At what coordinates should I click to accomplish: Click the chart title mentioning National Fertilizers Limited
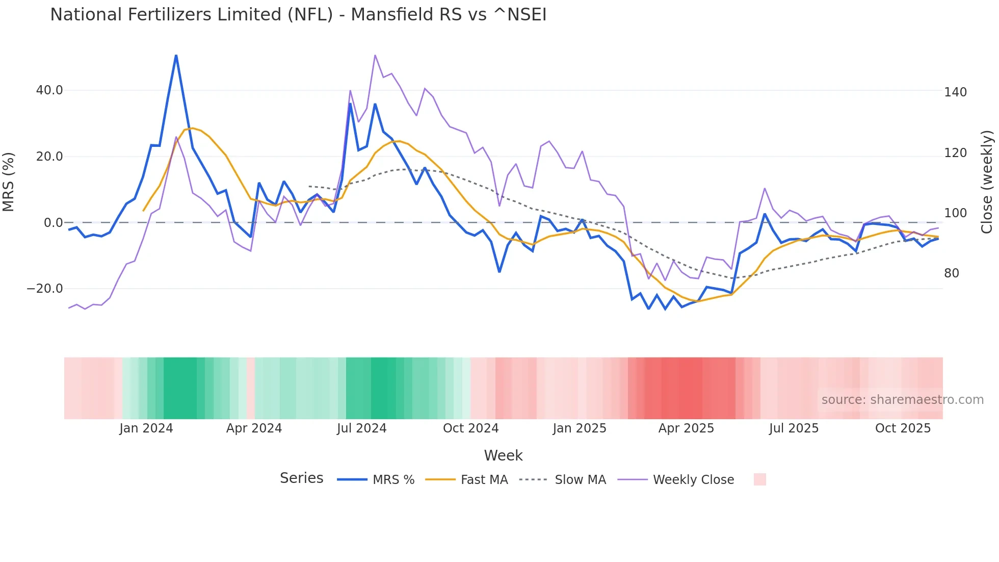coord(298,15)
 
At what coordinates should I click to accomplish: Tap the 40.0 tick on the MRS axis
coord(49,90)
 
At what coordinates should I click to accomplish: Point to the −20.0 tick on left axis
coord(45,289)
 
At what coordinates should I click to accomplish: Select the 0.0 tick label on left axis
coord(53,223)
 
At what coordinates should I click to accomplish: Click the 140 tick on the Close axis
coord(955,92)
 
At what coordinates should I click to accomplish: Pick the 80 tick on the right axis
coord(952,273)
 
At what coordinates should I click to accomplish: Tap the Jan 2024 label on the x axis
coord(146,428)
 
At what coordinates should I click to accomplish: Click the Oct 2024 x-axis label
coord(470,428)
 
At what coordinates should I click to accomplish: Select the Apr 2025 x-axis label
coord(686,428)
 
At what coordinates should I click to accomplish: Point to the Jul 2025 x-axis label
coord(794,428)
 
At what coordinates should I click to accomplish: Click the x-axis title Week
coord(503,455)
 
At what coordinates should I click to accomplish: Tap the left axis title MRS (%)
coord(9,182)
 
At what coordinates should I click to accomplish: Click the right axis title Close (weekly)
coord(987,182)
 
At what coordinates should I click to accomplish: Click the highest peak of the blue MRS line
coord(176,55)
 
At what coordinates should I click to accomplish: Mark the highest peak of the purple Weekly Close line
coord(375,55)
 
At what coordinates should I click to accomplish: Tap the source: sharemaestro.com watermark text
coord(902,400)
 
